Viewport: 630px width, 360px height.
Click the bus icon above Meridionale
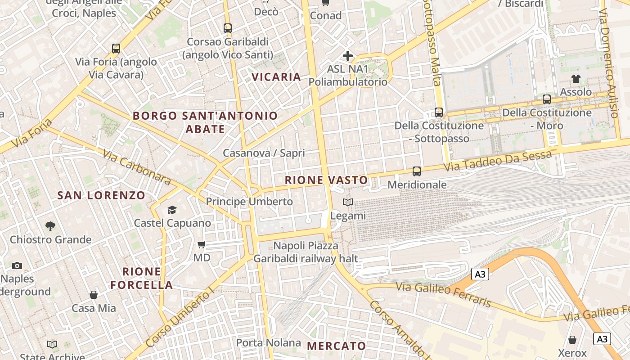pos(417,171)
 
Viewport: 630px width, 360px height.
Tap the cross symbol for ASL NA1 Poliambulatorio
pos(347,56)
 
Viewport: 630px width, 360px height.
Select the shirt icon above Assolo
pos(576,78)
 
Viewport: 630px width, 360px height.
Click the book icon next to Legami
pos(347,202)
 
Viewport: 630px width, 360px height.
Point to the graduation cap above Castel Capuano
pos(172,210)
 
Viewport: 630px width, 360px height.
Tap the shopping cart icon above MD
pos(202,245)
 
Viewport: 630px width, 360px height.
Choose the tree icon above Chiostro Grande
pos(50,226)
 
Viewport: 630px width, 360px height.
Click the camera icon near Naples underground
pos(17,265)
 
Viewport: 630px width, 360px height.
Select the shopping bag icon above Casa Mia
pos(94,295)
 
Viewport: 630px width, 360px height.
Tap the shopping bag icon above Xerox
pos(572,339)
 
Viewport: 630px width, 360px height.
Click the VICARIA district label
pos(276,77)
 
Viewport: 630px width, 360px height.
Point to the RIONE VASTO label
pos(326,180)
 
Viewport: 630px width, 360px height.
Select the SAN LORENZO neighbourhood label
pos(101,195)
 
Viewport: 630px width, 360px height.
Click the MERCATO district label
pos(337,346)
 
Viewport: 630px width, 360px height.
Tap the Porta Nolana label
pos(269,342)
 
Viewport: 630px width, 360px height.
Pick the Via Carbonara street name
pos(136,167)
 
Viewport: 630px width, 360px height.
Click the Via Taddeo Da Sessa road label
pos(498,161)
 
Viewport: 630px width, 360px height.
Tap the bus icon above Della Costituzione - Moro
pos(547,99)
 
